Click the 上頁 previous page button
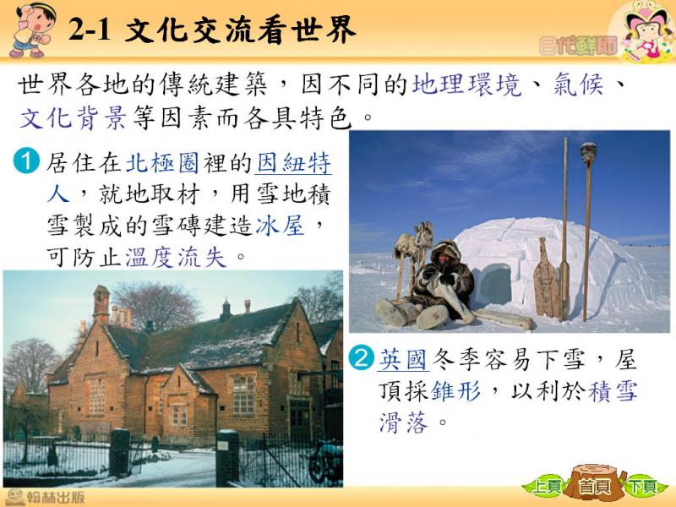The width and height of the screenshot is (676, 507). coord(547,487)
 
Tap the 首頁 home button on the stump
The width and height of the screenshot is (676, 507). coord(596,486)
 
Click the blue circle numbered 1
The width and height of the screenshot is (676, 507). coord(25,161)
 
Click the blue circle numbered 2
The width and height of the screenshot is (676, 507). coord(361,357)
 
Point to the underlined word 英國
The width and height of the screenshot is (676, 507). coord(404,360)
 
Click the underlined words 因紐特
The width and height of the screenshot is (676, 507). coord(294,163)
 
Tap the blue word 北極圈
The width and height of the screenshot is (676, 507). coord(162,163)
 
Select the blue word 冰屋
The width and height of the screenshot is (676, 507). coord(280,226)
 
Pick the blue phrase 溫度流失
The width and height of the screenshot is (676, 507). coord(176,258)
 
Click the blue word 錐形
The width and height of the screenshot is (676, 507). coord(455,391)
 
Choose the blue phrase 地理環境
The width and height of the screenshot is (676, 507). coord(466,84)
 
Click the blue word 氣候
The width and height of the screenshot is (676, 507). coord(578,84)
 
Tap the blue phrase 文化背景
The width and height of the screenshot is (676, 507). coord(73,117)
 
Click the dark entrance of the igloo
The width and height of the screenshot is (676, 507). coord(495,285)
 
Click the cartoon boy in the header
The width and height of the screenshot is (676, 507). coord(30,30)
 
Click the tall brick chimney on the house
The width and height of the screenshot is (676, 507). coord(101,305)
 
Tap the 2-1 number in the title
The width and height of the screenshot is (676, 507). coord(90,30)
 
